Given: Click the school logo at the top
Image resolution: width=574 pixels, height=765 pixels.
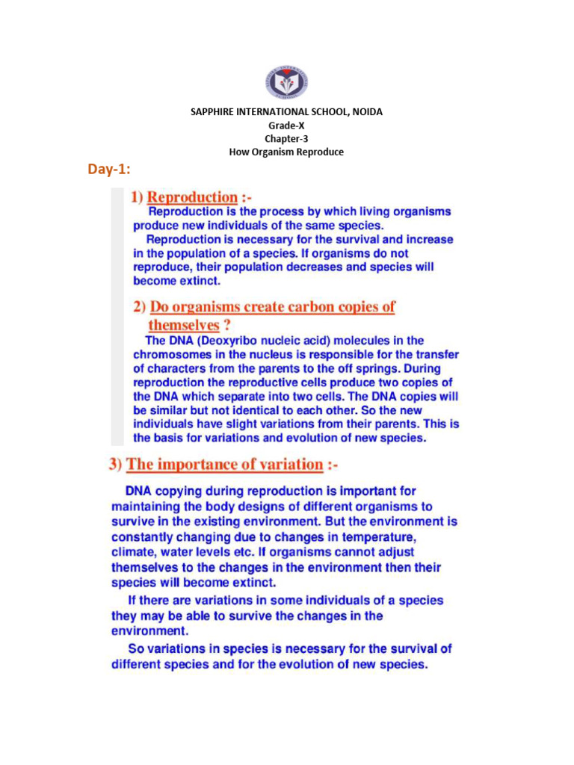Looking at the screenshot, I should (x=286, y=83).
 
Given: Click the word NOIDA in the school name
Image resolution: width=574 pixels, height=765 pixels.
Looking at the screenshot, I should (x=368, y=112).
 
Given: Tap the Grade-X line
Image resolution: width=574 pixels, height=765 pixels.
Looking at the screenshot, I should (x=286, y=126).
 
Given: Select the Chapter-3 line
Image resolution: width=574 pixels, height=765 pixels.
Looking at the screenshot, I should (x=286, y=139).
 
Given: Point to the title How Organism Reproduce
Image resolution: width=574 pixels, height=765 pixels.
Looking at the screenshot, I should (x=286, y=152).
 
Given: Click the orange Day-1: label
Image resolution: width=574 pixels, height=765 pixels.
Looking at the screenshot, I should (x=109, y=171).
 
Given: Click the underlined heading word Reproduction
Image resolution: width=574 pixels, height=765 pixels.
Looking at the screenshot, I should (x=191, y=197).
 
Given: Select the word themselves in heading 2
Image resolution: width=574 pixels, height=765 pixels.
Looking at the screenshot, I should (x=184, y=325).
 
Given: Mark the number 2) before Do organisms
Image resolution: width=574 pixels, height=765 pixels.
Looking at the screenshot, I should (x=138, y=307).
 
